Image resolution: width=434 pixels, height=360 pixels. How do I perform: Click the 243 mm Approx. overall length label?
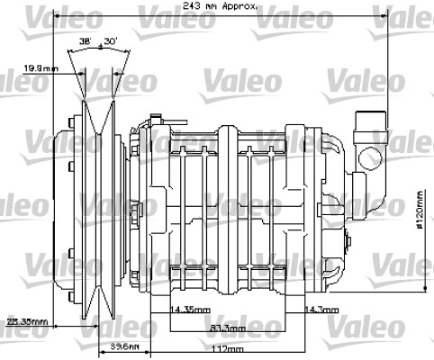click(x=220, y=5)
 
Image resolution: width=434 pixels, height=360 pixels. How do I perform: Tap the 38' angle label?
click(x=85, y=42)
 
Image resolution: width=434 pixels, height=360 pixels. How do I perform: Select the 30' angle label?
click(x=111, y=42)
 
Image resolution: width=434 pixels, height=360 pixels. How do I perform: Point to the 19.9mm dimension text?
click(x=41, y=67)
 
